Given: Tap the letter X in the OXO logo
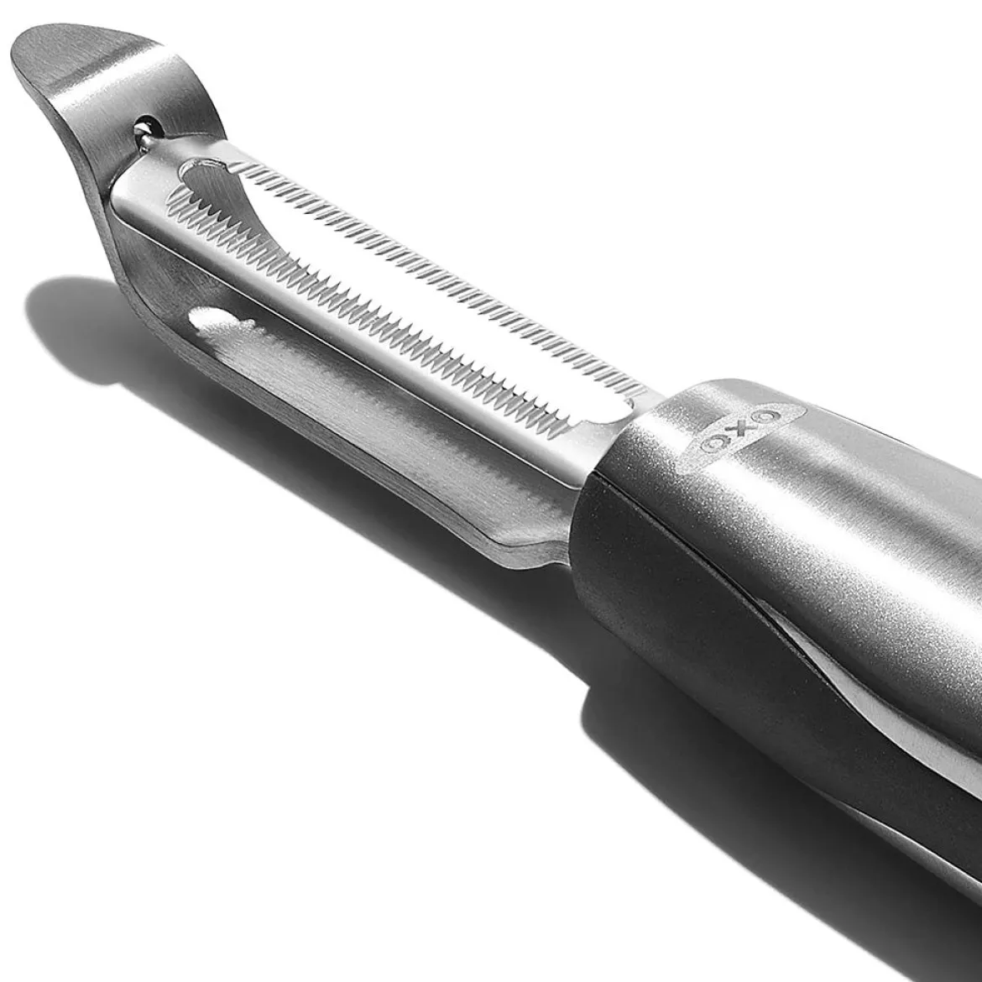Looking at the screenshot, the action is (x=746, y=431).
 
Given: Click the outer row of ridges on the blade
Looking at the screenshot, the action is (x=432, y=270).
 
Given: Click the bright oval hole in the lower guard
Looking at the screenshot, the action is (x=219, y=321).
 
